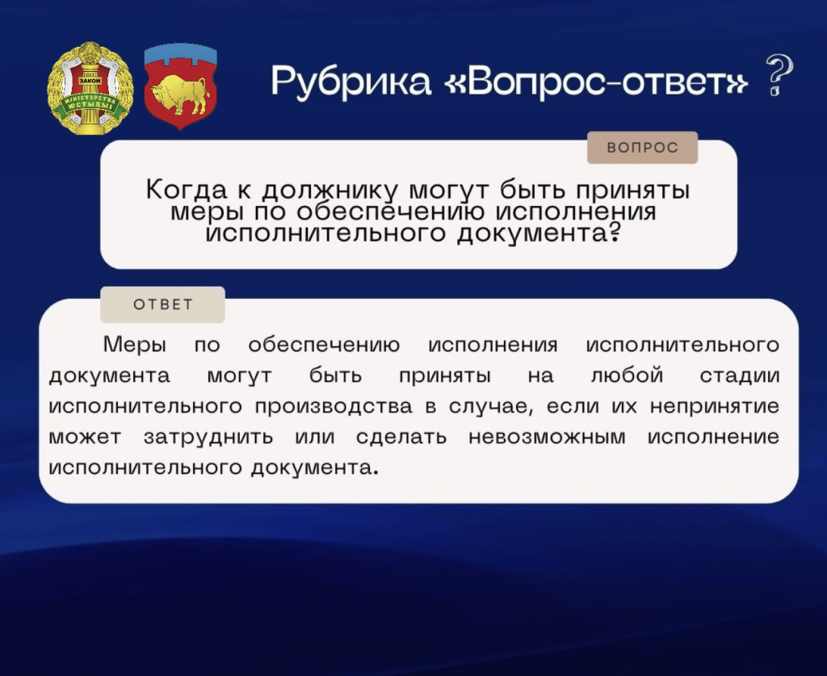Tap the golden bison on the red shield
point(181,95)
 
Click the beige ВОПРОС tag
point(642,149)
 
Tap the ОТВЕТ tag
point(163,304)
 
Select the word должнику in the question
point(331,192)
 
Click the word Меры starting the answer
point(135,345)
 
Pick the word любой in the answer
point(627,376)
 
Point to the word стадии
point(740,376)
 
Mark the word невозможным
point(547,437)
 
